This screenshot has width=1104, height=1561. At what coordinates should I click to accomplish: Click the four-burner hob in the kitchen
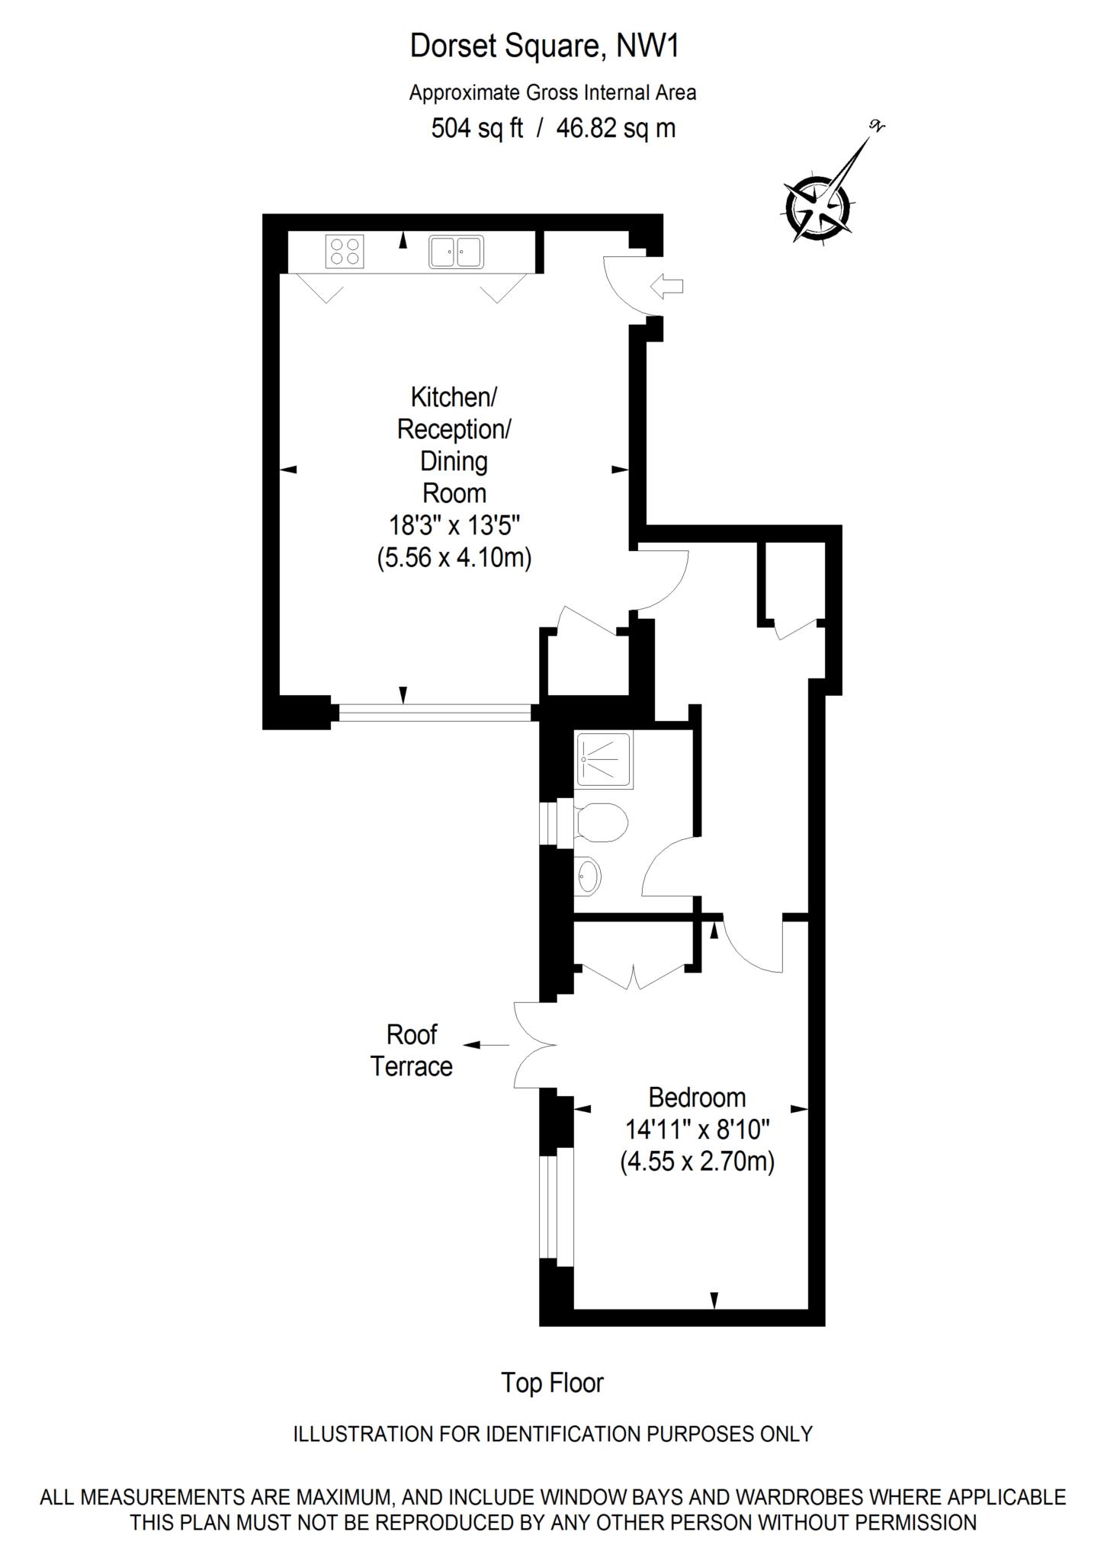pyautogui.click(x=344, y=251)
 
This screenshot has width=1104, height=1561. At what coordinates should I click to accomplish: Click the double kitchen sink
pyautogui.click(x=456, y=251)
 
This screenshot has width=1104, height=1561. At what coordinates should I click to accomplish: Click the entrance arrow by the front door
pyautogui.click(x=667, y=287)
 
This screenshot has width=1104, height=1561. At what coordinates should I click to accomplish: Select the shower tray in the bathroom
pyautogui.click(x=604, y=759)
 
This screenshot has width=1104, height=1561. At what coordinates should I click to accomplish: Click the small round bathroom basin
pyautogui.click(x=588, y=875)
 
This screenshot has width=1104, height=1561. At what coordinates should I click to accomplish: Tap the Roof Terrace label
pyautogui.click(x=412, y=1050)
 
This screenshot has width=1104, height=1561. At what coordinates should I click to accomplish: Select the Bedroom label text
pyautogui.click(x=696, y=1098)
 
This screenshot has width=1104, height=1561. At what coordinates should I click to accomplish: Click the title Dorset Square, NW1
pyautogui.click(x=544, y=46)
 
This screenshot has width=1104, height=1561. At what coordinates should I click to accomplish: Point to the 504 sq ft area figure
pyautogui.click(x=477, y=128)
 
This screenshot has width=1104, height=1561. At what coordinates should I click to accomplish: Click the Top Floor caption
pyautogui.click(x=552, y=1383)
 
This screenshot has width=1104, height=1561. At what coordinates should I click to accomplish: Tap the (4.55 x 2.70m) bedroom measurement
pyautogui.click(x=697, y=1162)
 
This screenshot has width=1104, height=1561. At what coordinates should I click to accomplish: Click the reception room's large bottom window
pyautogui.click(x=435, y=713)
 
